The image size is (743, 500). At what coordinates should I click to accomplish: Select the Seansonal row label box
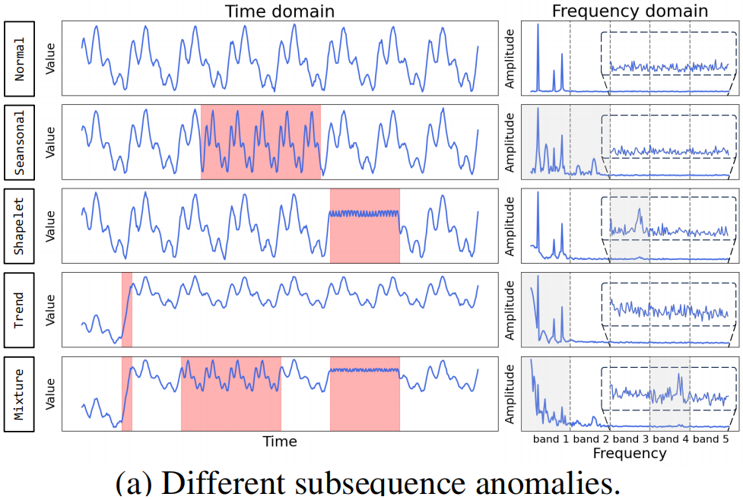coord(20,141)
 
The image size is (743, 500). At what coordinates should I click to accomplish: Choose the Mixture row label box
coord(20,394)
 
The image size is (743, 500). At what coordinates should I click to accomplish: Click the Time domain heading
coord(279,11)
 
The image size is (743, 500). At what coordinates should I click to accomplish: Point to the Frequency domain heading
coord(630,11)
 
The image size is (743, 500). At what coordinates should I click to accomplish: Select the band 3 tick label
coord(630,439)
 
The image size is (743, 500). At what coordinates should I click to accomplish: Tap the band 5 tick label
coord(710,439)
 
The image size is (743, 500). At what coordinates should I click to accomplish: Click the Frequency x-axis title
coord(630,454)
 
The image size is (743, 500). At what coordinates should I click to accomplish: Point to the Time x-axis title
coord(279,441)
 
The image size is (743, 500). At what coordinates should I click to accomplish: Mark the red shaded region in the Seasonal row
coord(260,141)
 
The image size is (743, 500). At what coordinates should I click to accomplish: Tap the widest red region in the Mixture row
coord(230,394)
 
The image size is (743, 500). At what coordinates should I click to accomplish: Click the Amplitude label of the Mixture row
coord(510,394)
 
